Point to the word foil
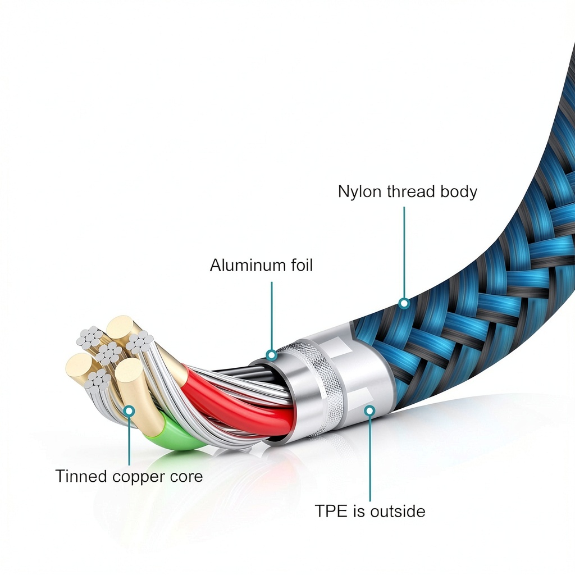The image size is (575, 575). pos(302,265)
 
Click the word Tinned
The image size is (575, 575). pos(81,476)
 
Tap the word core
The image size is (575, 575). pos(186,477)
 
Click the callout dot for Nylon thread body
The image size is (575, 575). pos(404,303)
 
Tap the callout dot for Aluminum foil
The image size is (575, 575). pos(271,355)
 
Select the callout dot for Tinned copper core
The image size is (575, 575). pos(129,410)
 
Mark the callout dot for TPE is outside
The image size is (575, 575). pos(369,410)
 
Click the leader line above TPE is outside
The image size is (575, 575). pos(369,458)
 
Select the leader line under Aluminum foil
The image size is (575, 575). pos(272,316)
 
